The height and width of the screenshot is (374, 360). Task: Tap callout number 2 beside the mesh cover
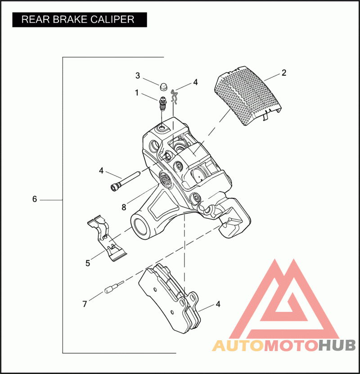point(283,73)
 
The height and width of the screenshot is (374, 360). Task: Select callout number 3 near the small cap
point(138,76)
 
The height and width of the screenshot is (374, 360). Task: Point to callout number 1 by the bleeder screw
point(137,93)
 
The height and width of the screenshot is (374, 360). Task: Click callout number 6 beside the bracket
point(35,199)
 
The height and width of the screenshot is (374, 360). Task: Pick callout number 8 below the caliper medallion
point(124,207)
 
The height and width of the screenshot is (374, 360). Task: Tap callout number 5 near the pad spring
point(88,263)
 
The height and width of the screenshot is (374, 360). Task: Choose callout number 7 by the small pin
point(85,304)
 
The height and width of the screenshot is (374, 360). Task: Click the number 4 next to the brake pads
point(218,304)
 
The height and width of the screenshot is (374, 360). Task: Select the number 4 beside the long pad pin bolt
point(101,171)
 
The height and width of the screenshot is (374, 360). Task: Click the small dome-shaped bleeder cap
point(163,87)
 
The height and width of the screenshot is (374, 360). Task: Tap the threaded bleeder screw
point(163,104)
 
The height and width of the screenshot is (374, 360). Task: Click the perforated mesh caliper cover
point(248,96)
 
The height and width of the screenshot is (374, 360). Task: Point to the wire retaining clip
point(174,97)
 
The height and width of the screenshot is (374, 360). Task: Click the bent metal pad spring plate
point(107,238)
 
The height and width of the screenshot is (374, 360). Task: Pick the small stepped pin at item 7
point(114,288)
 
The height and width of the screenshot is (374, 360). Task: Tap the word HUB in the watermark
point(337,345)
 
